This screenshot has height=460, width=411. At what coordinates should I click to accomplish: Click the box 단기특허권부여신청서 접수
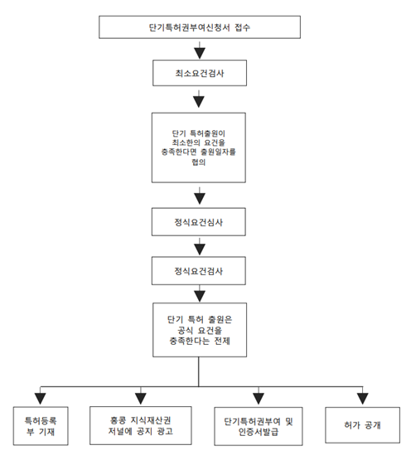coord(200,27)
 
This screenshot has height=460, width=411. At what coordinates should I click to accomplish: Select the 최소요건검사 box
coord(200,73)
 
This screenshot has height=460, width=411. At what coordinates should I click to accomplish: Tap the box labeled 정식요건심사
coord(199,222)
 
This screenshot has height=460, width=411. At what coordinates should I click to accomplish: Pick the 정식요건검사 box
coord(199,271)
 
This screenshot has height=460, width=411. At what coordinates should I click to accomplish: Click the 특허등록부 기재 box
coord(41,426)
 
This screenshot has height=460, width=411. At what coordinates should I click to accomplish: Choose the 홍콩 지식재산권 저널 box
coord(141,426)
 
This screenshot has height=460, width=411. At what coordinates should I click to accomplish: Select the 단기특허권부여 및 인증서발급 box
coord(259,426)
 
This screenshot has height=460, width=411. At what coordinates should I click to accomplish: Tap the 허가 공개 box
coord(363,425)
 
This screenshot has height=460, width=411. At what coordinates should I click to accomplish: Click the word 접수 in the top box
coord(242,27)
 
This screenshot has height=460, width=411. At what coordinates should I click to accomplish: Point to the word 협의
coord(199,162)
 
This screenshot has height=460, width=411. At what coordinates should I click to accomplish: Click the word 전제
coord(222,341)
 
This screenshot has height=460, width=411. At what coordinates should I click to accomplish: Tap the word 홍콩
coord(118,420)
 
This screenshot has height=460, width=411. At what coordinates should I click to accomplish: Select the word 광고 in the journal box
coord(165,431)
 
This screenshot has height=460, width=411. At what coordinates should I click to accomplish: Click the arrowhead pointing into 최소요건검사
coord(200,53)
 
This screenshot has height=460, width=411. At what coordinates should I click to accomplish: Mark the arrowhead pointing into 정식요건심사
coord(200,199)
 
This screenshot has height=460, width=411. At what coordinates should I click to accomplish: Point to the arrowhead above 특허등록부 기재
coord(41,399)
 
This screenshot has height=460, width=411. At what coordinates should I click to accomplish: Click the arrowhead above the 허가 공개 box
coord(363,399)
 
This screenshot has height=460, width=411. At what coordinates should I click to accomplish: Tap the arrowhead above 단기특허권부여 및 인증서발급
coord(259,399)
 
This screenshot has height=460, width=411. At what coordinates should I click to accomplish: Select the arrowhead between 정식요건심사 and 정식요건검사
coord(200,249)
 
